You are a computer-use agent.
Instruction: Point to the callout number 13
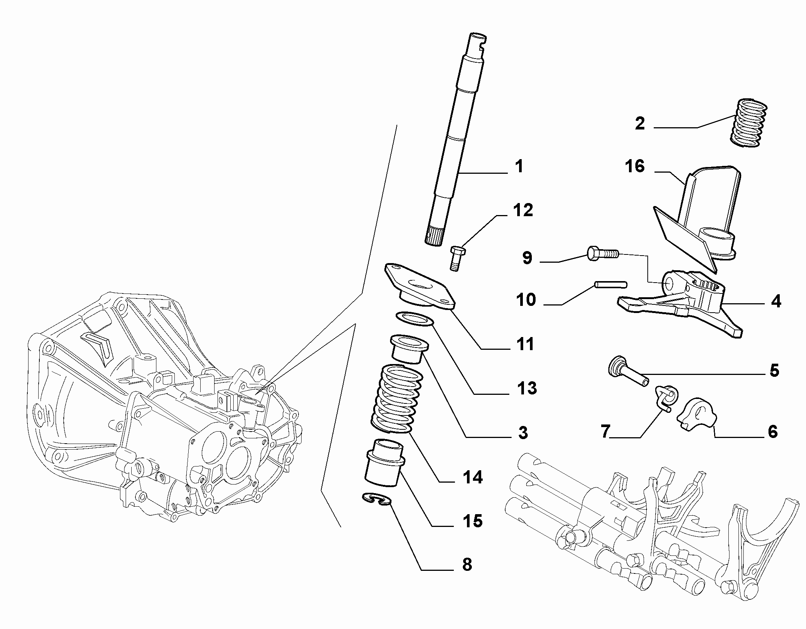click(527, 388)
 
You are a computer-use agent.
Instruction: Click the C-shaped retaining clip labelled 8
click(377, 499)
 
